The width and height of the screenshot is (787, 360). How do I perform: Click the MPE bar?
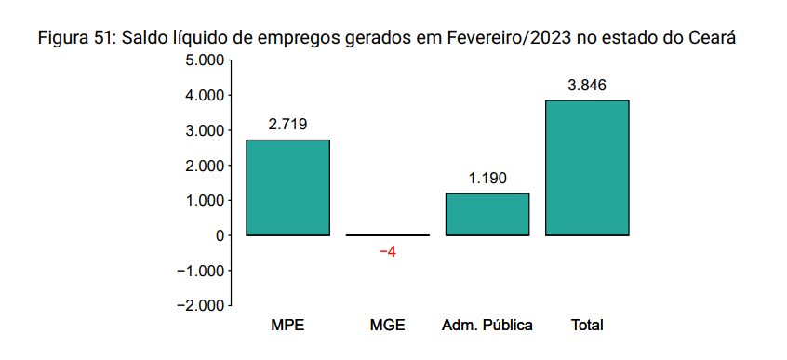[287, 187]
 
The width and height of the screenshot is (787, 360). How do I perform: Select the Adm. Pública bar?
[487, 214]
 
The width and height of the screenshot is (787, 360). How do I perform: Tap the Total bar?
[587, 167]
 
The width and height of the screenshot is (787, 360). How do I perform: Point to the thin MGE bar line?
[388, 235]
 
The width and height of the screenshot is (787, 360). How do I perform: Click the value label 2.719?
[287, 124]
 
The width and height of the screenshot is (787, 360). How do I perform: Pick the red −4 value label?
[388, 252]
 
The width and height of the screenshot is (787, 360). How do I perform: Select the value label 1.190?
[487, 178]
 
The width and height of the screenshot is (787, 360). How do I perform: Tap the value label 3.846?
[587, 85]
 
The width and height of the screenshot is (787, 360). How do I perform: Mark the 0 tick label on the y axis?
[220, 235]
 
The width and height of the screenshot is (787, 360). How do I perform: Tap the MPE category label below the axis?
[287, 325]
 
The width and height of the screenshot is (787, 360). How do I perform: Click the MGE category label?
[388, 325]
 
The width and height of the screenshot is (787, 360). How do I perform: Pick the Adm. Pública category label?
[487, 325]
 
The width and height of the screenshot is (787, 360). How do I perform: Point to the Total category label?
[587, 325]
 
